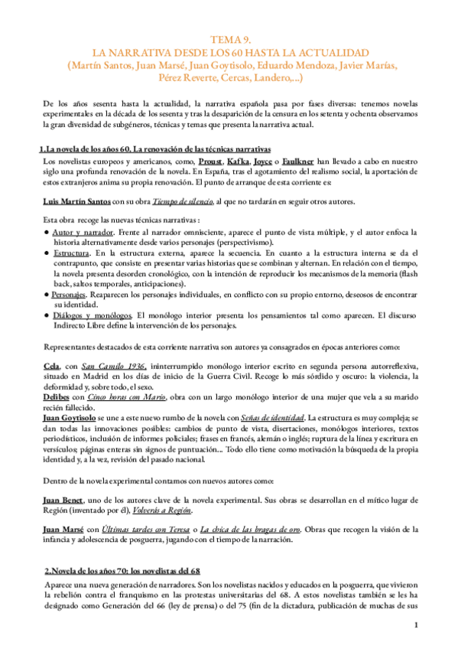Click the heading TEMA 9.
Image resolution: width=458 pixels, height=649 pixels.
pos(229,41)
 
